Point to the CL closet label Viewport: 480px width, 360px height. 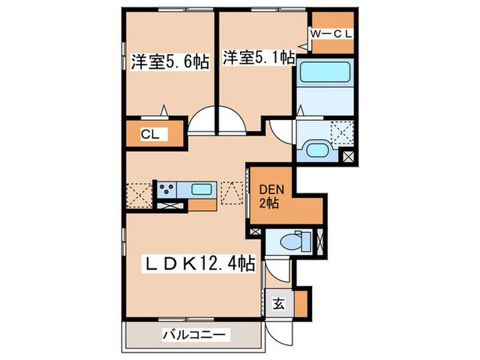coord(150,134)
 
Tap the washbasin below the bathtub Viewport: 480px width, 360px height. coord(320,150)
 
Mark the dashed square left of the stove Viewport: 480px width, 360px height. coord(139,193)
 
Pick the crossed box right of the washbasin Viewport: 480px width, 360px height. coord(348,156)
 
